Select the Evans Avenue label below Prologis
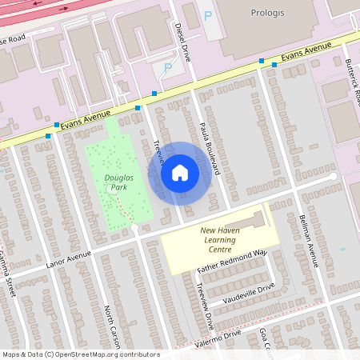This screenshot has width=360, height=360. pos(306,53)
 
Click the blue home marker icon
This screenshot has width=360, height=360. pos(180,173)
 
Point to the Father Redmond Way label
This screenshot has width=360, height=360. pos(232,262)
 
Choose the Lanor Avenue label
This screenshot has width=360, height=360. pos(65,260)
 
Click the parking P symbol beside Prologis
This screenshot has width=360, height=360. pos(209,15)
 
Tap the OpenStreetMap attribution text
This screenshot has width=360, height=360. pos(80,354)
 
